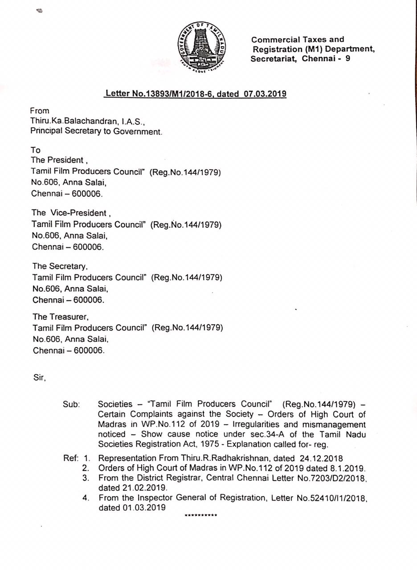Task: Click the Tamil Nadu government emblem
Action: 201,46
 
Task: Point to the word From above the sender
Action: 40,110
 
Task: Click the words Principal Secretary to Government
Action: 96,131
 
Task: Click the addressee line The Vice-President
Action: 69,213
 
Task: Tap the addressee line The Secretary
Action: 60,266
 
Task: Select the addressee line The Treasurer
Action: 61,317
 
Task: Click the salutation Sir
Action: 39,377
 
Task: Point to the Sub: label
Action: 71,404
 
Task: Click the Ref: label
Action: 71,458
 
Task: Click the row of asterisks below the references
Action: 201,516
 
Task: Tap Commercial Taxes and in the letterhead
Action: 298,40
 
